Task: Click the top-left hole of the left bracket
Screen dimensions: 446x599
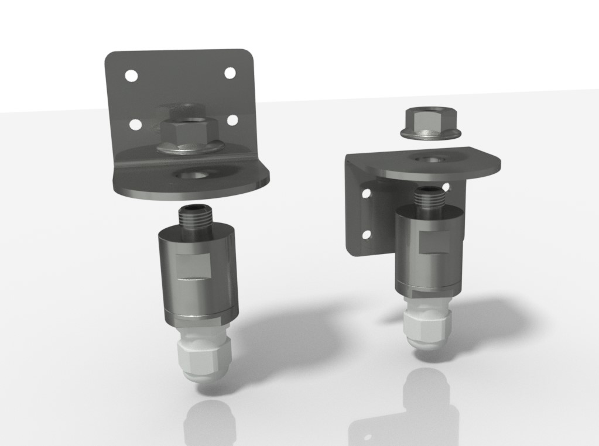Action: [131, 76]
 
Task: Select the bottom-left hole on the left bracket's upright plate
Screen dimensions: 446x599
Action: [135, 124]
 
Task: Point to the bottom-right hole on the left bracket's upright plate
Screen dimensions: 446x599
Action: [232, 120]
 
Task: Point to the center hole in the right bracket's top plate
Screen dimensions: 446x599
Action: [430, 158]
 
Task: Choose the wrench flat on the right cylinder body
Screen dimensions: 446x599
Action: [434, 241]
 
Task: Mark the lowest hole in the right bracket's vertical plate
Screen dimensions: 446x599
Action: [367, 235]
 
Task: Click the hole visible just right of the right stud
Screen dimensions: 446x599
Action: [446, 187]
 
